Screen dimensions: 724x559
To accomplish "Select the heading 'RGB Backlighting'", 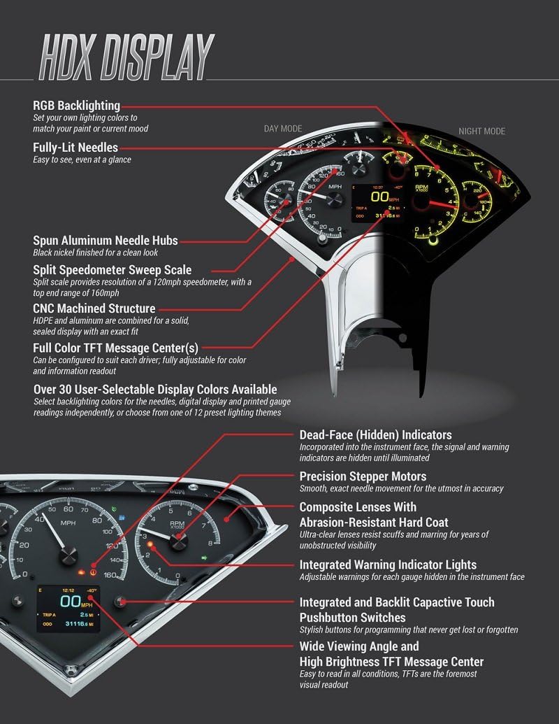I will (77, 106).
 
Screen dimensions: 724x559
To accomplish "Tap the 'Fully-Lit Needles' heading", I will (75, 148).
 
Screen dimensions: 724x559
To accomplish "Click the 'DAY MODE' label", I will (283, 129).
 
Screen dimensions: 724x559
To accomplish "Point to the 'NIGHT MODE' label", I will (481, 131).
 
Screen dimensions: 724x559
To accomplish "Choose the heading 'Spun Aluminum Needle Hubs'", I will (105, 241).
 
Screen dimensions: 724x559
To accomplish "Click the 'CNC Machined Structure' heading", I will (94, 308).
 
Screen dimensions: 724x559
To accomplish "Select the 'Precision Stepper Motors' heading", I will (363, 476).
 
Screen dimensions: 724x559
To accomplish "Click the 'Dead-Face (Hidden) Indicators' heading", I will (375, 435).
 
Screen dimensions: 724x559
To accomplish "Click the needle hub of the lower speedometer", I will (68, 555).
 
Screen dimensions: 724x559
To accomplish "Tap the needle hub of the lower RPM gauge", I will (178, 539).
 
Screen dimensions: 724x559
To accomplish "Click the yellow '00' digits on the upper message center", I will (379, 198).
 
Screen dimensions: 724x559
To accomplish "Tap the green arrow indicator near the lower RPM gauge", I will (203, 558).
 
